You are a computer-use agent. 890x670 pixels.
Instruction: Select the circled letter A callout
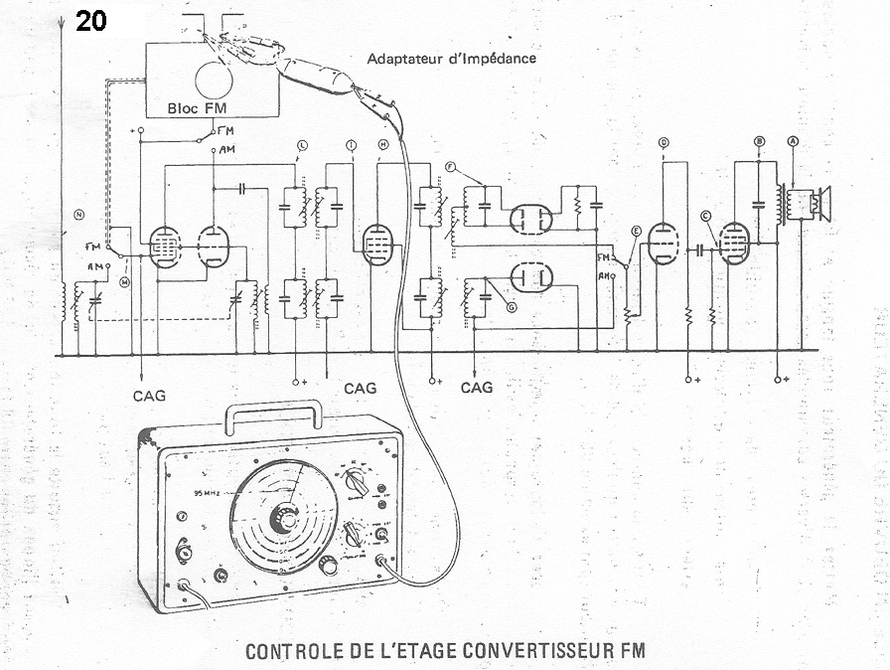point(793,142)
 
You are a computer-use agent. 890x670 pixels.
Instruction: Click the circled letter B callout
point(759,142)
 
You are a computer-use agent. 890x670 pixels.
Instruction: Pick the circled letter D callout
point(663,142)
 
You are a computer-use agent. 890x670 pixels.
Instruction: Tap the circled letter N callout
point(78,215)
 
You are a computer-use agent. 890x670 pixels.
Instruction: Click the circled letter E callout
point(635,232)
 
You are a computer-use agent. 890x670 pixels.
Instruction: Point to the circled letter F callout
point(451,166)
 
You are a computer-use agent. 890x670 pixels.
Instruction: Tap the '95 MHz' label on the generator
point(208,494)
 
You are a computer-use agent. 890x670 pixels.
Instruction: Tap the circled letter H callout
point(382,146)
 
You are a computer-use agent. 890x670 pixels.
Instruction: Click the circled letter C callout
point(705,216)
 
